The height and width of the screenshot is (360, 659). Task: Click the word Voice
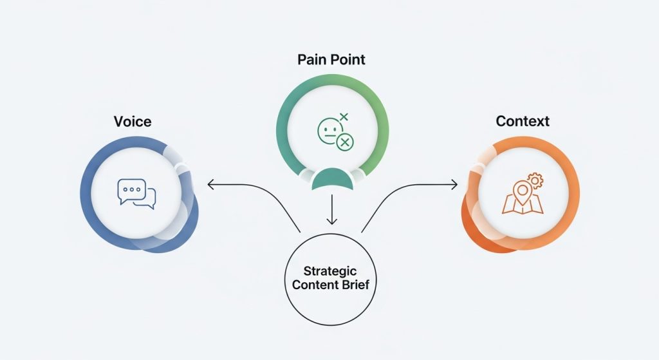(133, 121)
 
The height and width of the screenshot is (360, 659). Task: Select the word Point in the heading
(348, 60)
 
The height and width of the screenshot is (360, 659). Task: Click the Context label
(523, 121)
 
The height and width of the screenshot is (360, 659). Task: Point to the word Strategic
(330, 271)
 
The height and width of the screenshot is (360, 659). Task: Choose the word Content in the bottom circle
(315, 285)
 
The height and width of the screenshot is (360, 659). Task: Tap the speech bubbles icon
(136, 193)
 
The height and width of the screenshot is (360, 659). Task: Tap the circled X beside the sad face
(346, 142)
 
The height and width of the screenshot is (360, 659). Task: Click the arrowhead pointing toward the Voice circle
(210, 185)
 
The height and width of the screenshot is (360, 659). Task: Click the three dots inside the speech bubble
(131, 190)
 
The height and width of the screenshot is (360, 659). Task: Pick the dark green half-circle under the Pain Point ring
(331, 180)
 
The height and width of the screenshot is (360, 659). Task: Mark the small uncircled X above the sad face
(343, 117)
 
